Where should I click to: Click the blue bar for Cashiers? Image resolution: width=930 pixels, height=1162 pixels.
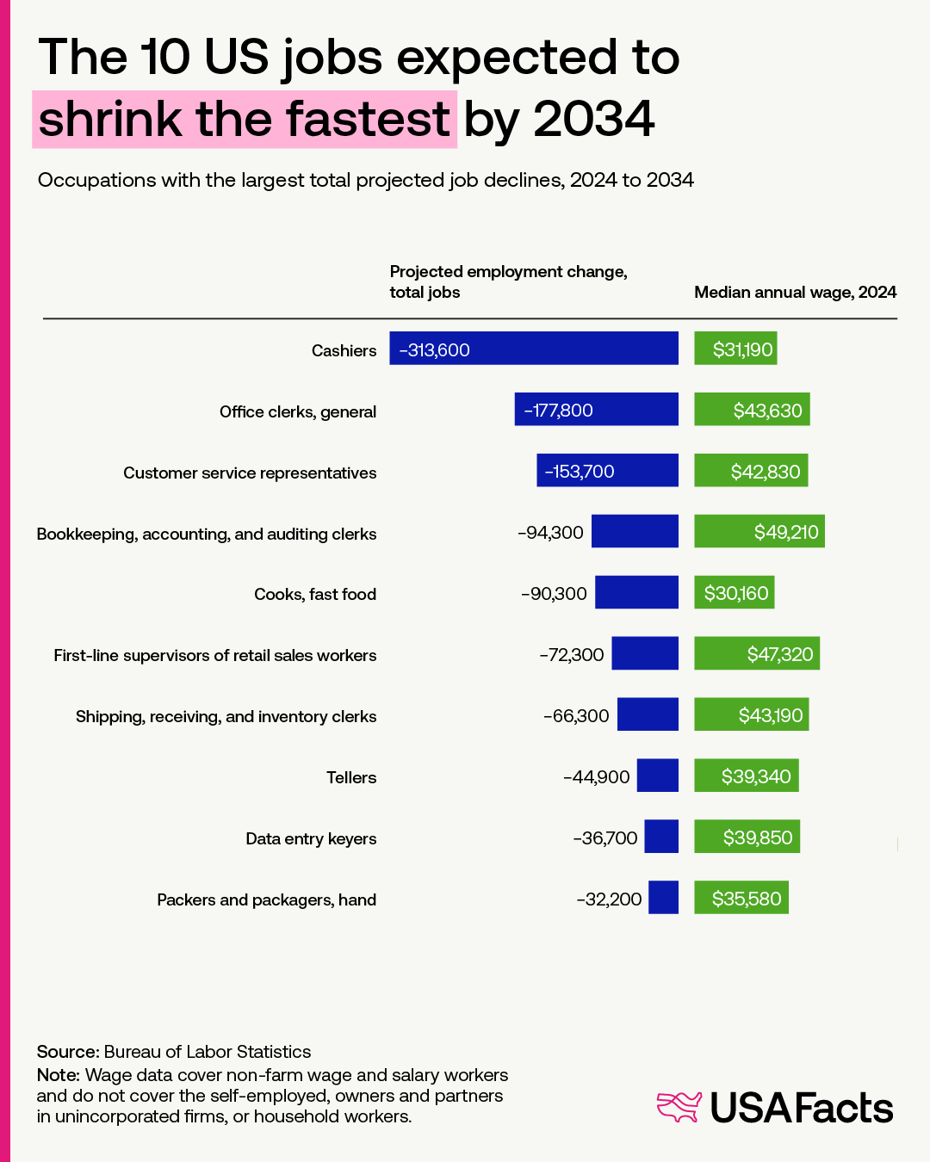[x=534, y=349]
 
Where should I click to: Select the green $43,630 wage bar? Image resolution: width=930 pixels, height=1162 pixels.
[x=752, y=410]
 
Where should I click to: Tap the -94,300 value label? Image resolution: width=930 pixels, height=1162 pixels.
[x=550, y=533]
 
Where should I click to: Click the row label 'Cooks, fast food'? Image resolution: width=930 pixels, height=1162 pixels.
[x=315, y=595]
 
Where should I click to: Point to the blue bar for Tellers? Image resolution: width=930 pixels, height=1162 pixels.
[x=657, y=776]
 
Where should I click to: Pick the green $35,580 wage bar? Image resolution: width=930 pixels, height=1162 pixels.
[x=741, y=898]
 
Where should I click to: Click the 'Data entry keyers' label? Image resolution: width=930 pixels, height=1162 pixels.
[x=311, y=839]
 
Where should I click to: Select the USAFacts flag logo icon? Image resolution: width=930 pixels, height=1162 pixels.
[x=679, y=1107]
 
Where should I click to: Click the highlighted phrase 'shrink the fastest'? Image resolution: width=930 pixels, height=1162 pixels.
[x=245, y=119]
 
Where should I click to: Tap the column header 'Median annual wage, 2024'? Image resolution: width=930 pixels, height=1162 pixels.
[x=795, y=293]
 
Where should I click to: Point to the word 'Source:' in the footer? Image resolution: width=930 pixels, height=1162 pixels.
[x=68, y=1052]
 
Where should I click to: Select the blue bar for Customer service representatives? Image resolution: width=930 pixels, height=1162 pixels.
[x=607, y=471]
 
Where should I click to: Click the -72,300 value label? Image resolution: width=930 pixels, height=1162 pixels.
[x=572, y=655]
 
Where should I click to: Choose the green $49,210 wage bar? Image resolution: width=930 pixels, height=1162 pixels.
[x=759, y=532]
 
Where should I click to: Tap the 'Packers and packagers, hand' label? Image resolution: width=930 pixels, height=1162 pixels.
[x=266, y=900]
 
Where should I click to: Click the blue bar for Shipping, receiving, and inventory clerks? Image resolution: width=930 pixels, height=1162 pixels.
[x=648, y=714]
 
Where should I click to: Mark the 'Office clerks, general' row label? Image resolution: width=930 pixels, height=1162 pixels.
[x=298, y=412]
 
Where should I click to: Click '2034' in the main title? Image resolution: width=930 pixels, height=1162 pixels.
[x=594, y=119]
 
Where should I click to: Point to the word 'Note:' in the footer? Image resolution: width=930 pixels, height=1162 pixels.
[x=59, y=1075]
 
